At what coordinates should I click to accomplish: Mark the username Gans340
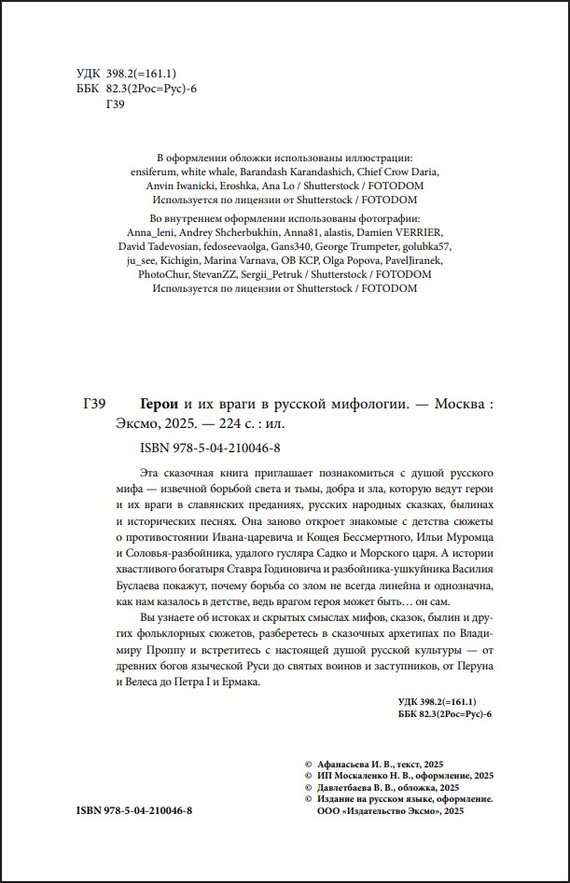[x=296, y=246]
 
